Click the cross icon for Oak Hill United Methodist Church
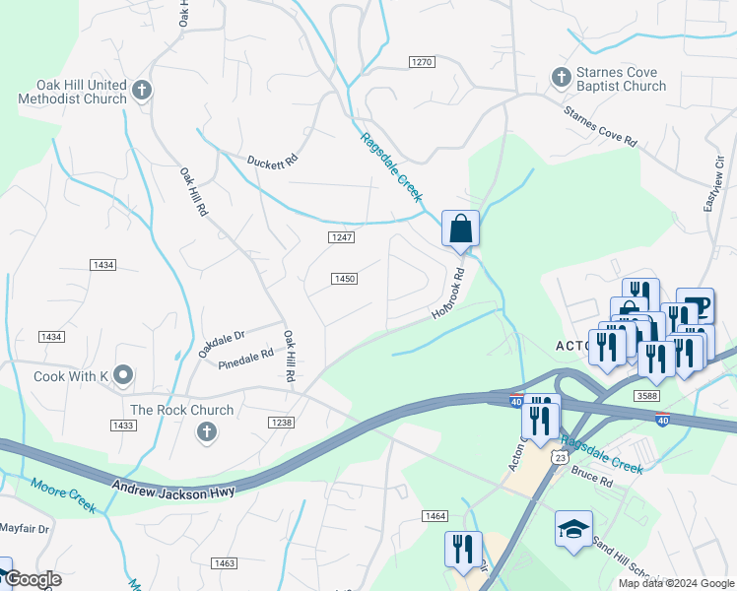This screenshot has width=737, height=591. (141, 91)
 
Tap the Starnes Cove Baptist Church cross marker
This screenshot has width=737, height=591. (561, 77)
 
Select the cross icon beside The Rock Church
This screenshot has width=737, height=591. (206, 430)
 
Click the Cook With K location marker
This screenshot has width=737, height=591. (122, 374)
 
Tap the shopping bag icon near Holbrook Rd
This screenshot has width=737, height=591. (460, 230)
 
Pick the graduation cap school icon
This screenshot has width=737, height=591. (573, 529)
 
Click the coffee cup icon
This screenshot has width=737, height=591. (696, 305)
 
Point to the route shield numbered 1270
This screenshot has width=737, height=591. (422, 62)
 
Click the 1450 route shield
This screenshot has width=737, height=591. (344, 279)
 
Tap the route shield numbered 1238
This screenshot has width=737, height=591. (281, 422)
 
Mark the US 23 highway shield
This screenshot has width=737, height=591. (559, 457)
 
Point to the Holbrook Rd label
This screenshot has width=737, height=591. (447, 295)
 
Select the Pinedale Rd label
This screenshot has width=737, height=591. (247, 356)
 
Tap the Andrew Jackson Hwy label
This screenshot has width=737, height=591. (173, 489)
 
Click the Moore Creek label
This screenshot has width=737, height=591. (63, 495)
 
